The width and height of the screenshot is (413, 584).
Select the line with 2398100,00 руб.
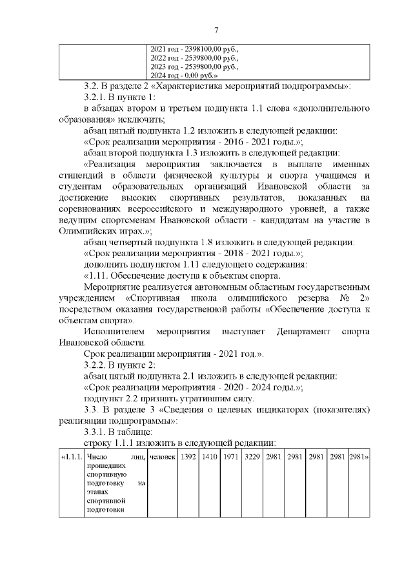click(x=194, y=49)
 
